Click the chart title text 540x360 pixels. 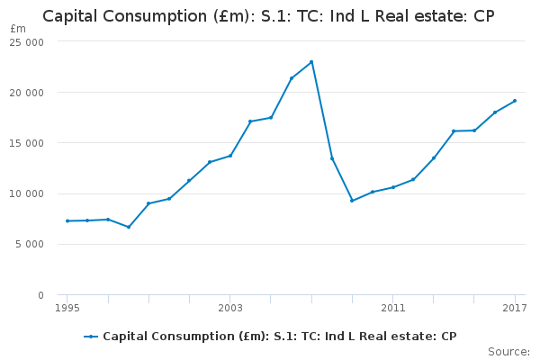click(x=269, y=16)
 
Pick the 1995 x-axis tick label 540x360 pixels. click(x=67, y=309)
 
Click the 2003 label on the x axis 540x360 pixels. click(x=229, y=309)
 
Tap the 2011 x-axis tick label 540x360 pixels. click(x=392, y=309)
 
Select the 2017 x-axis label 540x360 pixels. click(x=515, y=309)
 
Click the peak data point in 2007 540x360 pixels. click(x=311, y=62)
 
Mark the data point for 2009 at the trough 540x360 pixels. click(x=352, y=200)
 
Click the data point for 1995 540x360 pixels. click(x=67, y=220)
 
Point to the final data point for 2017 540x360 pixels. click(x=515, y=101)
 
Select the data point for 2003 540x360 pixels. click(x=229, y=156)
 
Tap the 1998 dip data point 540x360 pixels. click(x=128, y=227)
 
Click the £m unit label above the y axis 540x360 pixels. click(x=18, y=29)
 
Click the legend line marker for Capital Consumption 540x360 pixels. click(x=91, y=337)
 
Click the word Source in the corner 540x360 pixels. click(x=508, y=351)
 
